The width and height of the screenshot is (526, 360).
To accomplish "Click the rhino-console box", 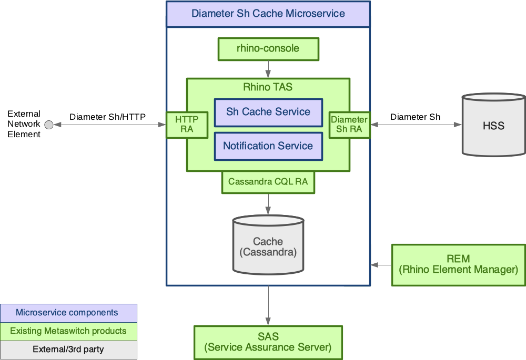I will [x=268, y=49].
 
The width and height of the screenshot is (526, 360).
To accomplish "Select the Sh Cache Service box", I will [x=268, y=112].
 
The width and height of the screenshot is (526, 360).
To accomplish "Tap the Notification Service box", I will [x=268, y=146].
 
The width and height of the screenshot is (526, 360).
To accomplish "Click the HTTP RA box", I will [x=187, y=125].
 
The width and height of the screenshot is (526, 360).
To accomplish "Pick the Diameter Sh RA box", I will [x=349, y=125].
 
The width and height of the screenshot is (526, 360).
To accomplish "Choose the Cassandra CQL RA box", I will [x=268, y=182].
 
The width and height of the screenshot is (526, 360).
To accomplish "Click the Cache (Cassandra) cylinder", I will [x=268, y=246].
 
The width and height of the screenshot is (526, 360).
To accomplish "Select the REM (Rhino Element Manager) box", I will [x=458, y=264].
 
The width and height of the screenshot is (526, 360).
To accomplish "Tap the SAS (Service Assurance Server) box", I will [x=268, y=342].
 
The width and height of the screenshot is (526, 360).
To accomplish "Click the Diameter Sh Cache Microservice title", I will [x=268, y=14].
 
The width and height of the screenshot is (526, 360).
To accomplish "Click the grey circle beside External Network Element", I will [x=49, y=125].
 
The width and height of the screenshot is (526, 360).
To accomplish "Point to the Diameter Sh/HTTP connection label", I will [x=107, y=117].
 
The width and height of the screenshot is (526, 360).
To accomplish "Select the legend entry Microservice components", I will [x=68, y=313].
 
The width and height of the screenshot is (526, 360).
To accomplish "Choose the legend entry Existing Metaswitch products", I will [x=68, y=331].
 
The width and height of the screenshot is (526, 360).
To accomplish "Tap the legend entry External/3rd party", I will [x=68, y=349].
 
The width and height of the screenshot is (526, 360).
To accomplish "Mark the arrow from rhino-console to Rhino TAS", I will [x=268, y=69].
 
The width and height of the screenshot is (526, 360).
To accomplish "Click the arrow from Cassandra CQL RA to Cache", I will [x=268, y=204].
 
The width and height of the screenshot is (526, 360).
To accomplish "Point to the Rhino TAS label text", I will [x=268, y=87].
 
